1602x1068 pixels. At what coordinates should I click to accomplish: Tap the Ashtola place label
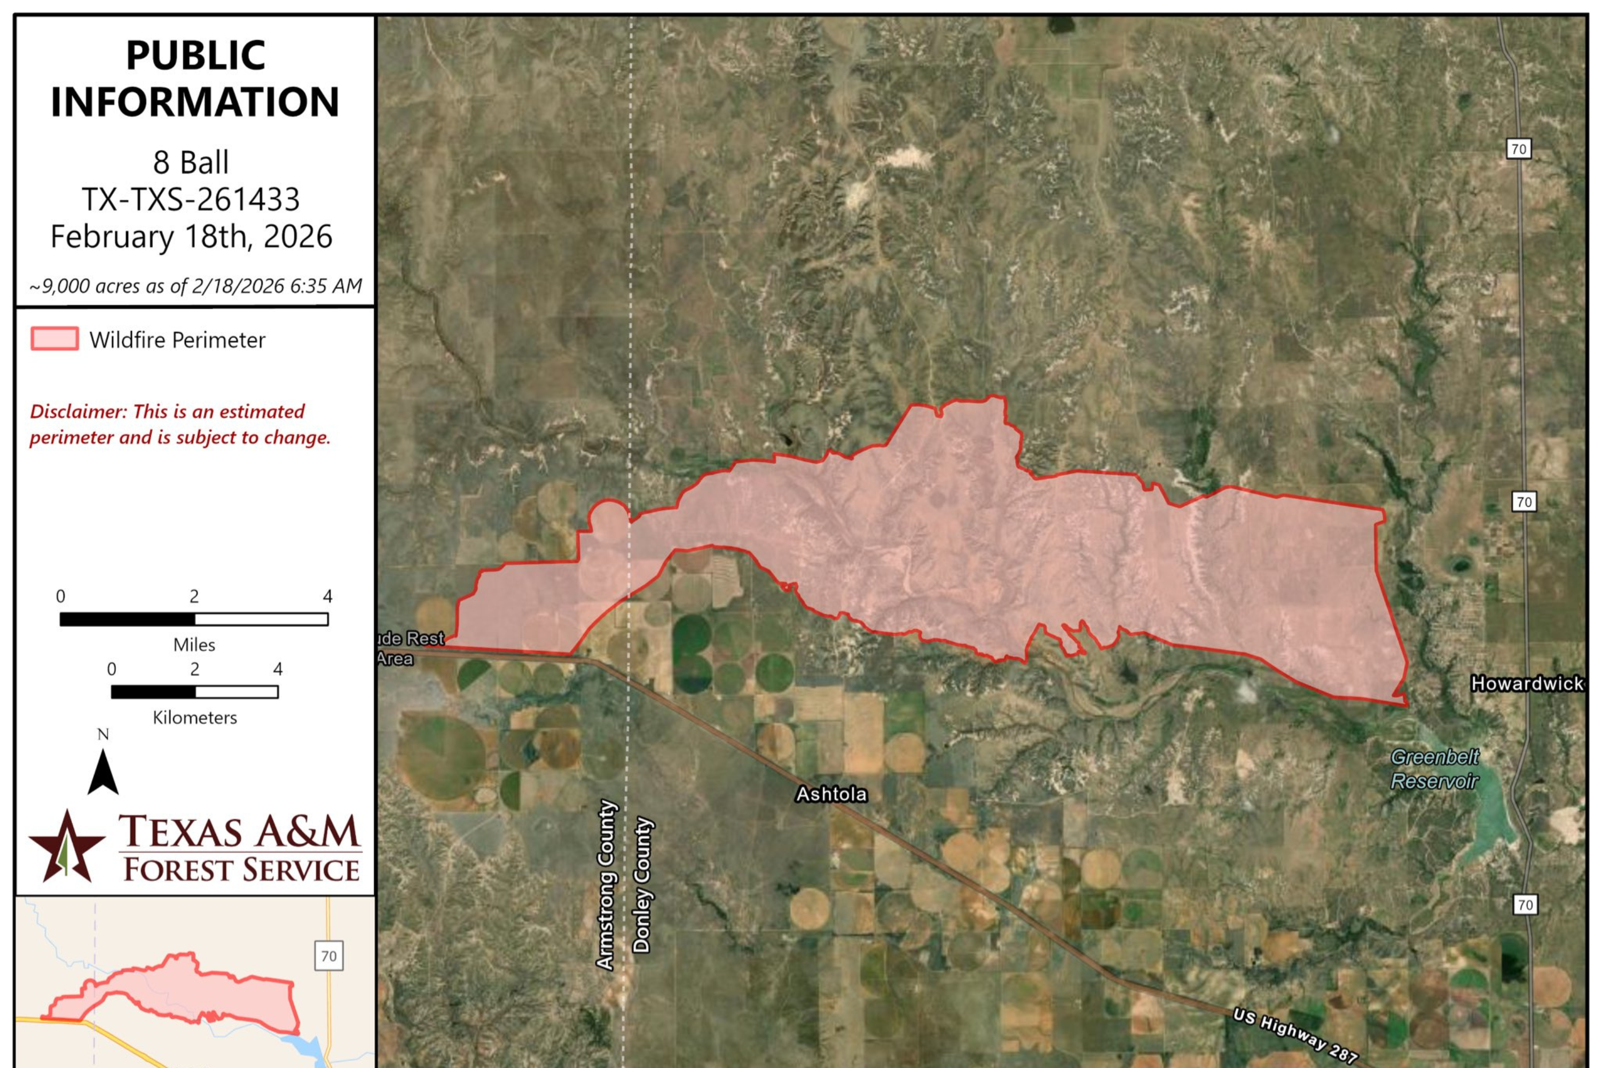click(831, 794)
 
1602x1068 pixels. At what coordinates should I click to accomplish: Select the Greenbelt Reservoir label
click(1434, 769)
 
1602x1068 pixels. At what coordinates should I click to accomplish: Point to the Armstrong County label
click(606, 884)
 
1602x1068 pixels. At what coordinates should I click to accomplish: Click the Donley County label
click(642, 884)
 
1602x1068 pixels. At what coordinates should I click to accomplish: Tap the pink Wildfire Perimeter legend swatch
click(54, 339)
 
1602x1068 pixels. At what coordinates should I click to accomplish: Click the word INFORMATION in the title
click(195, 102)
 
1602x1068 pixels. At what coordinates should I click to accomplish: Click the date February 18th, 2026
click(191, 237)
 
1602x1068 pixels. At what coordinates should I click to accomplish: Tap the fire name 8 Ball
click(191, 163)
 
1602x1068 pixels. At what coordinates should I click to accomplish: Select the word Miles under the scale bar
click(194, 645)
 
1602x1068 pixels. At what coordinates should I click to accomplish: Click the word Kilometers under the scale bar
click(195, 717)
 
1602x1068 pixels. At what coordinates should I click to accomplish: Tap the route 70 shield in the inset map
click(328, 956)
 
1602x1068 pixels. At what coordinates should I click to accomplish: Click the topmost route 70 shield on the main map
click(1518, 148)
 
